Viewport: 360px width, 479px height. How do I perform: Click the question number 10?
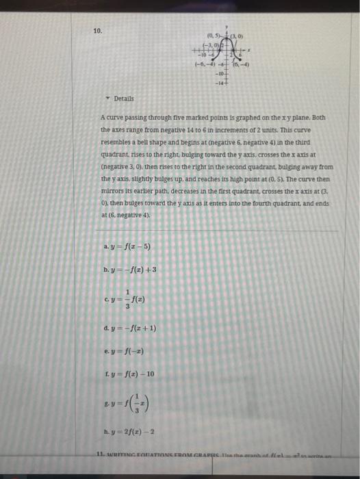pyautogui.click(x=97, y=31)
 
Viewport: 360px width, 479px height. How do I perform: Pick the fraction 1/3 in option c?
pyautogui.click(x=127, y=300)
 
